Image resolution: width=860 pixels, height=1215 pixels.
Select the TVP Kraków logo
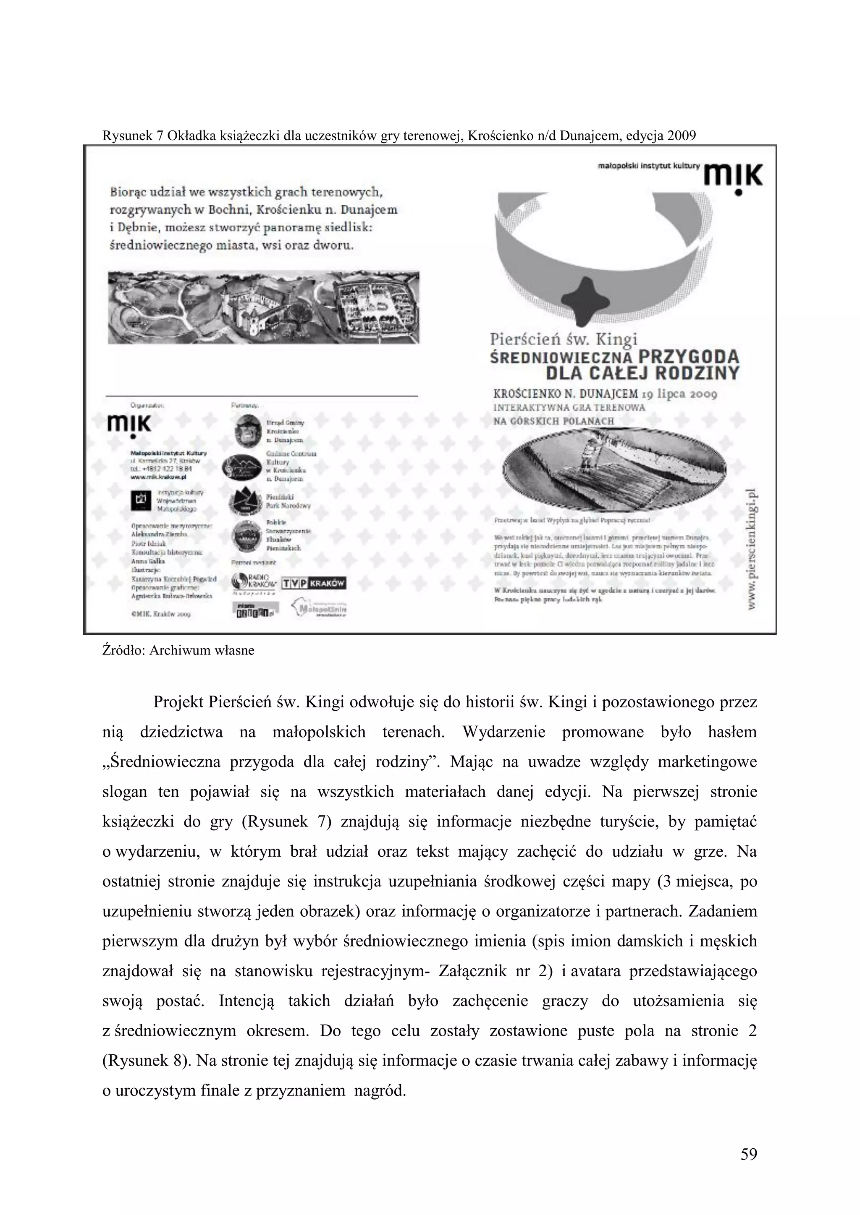tap(314, 583)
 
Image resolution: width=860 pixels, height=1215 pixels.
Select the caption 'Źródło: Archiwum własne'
tap(178, 650)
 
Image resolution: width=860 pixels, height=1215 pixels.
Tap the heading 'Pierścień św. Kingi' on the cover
tap(563, 339)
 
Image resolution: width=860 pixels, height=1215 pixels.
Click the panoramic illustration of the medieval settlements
tap(263, 307)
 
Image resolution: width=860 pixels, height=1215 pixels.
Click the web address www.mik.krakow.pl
tap(158, 476)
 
